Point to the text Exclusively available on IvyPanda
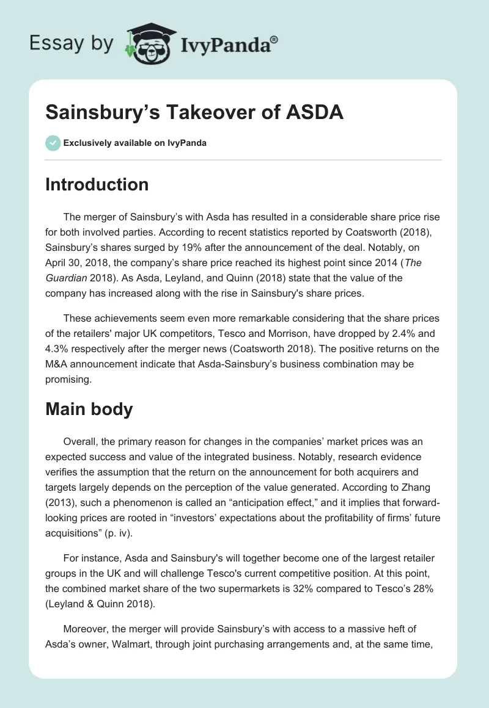(x=134, y=143)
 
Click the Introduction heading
(x=97, y=184)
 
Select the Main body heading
(x=89, y=409)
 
